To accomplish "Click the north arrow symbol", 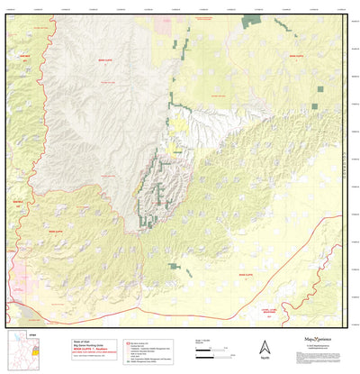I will click(264, 346).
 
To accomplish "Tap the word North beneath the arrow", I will click(264, 359).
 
